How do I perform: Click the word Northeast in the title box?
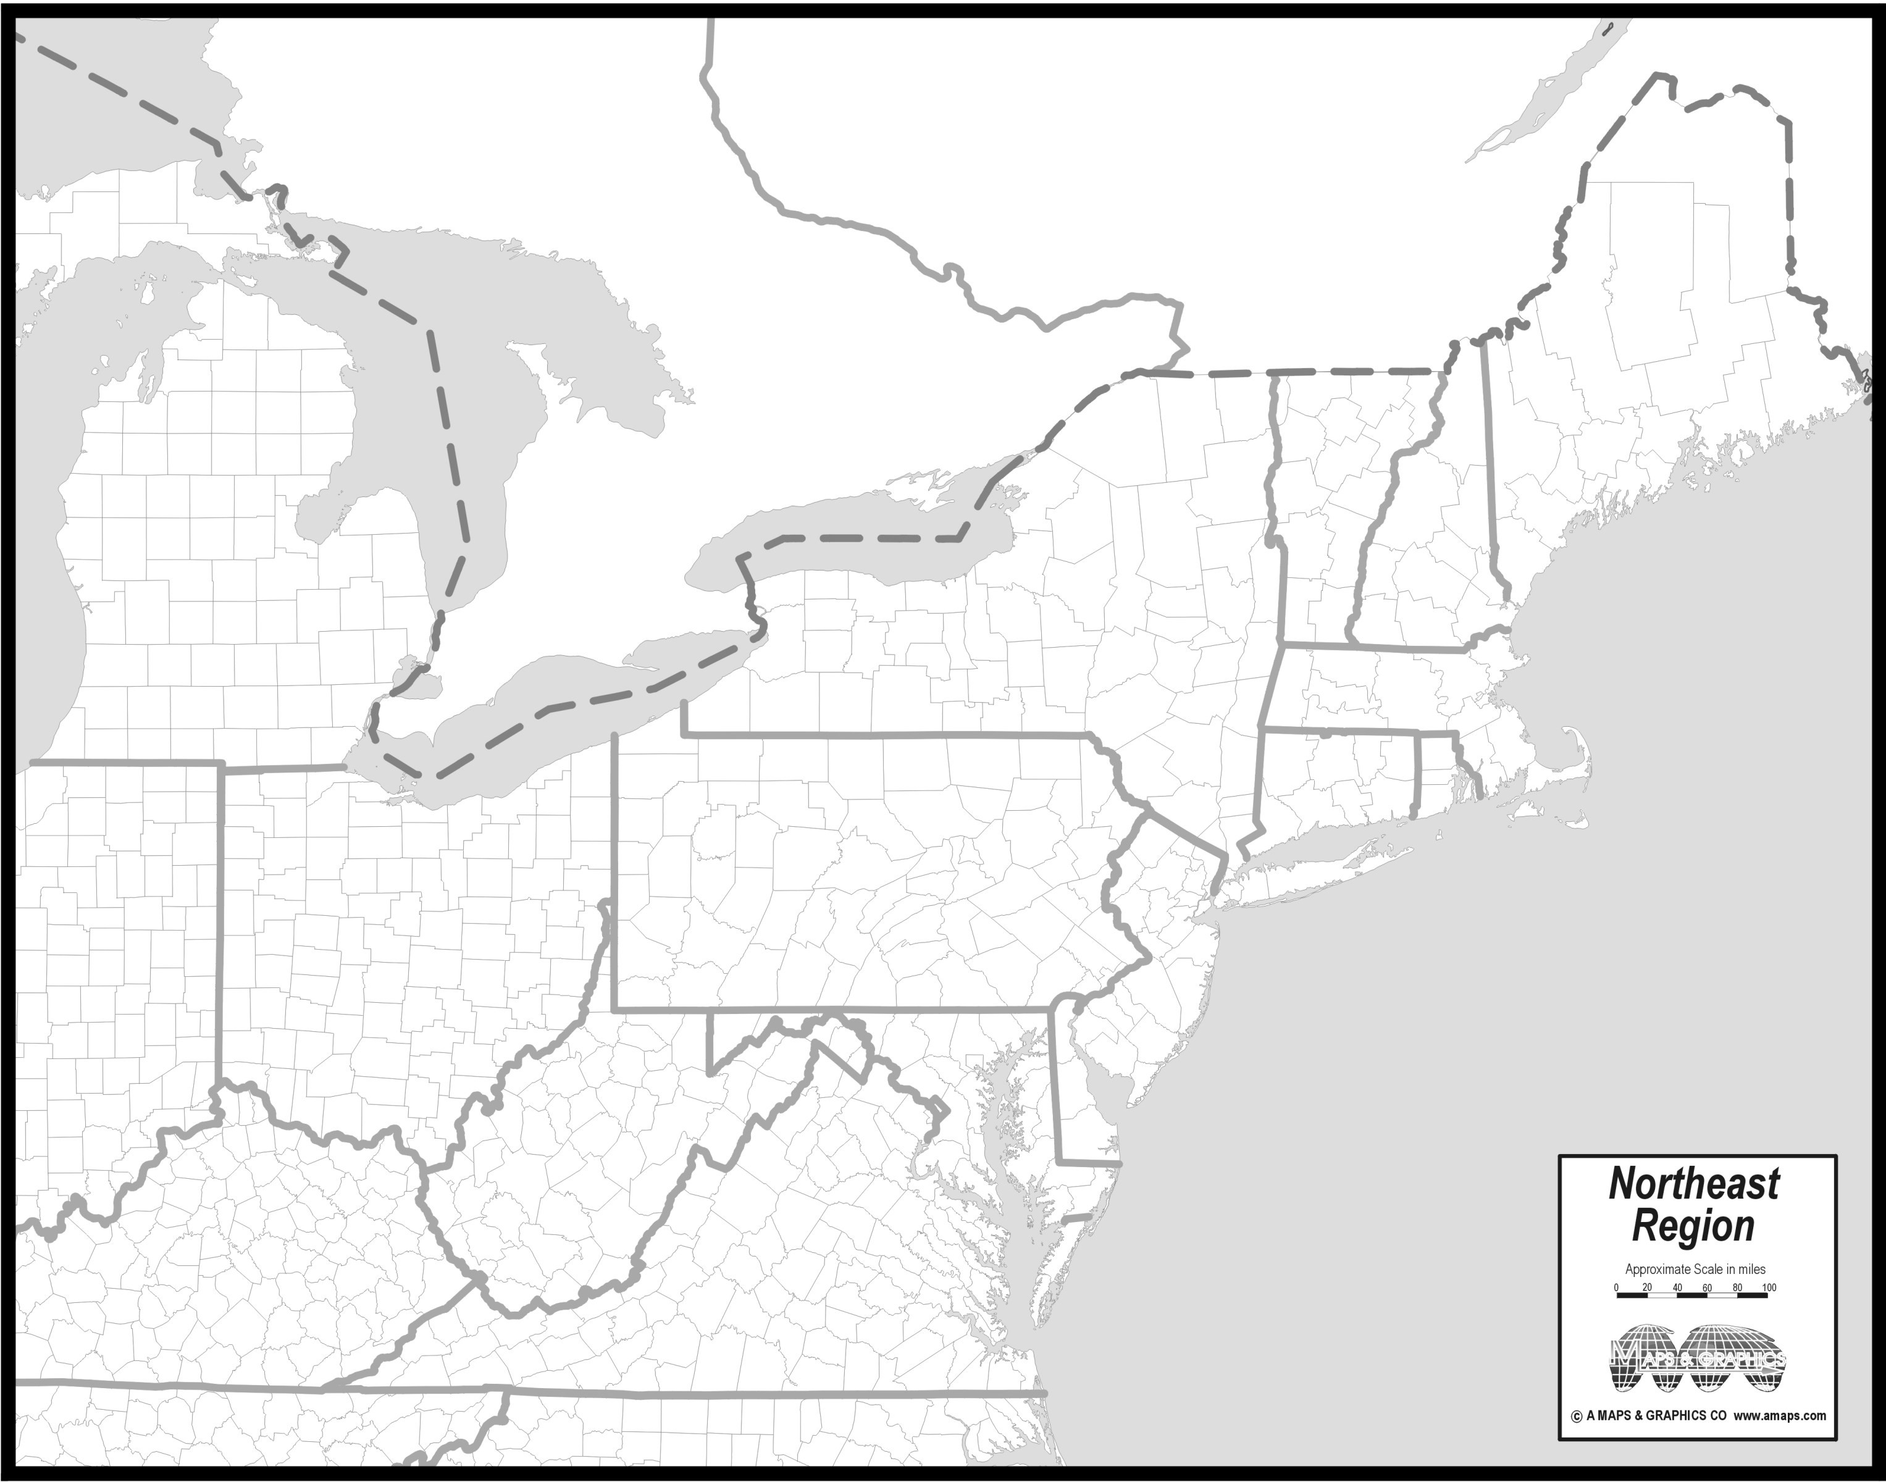[1693, 1184]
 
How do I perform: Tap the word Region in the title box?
[1693, 1226]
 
